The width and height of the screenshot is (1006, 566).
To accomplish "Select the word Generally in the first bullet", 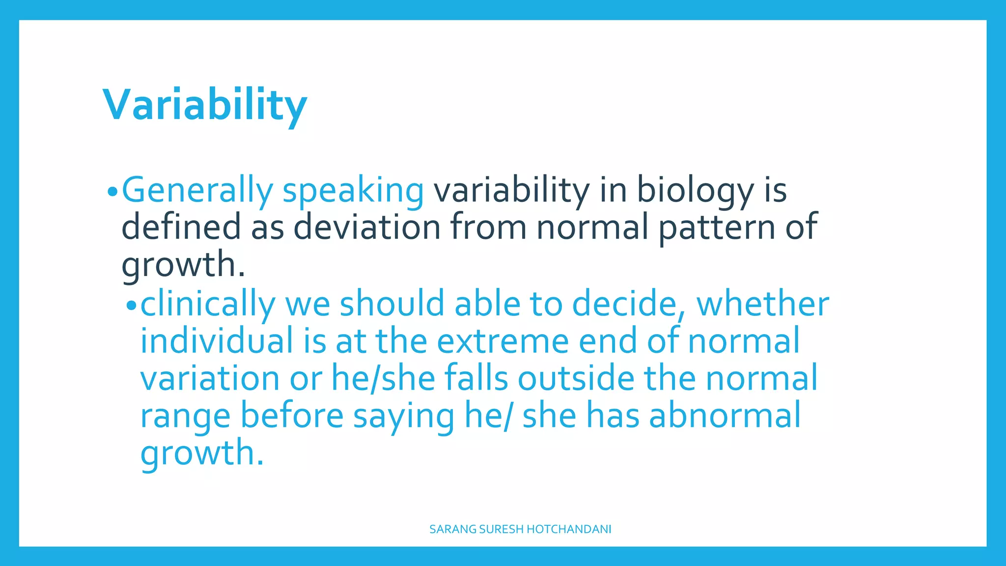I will click(x=197, y=191).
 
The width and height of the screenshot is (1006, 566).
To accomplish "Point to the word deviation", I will click(x=367, y=227).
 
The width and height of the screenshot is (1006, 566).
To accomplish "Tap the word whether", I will click(x=762, y=304).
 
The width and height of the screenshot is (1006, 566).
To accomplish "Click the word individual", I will click(x=217, y=341).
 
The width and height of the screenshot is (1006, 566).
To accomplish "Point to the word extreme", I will click(x=503, y=341).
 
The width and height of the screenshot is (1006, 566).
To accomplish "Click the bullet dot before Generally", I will click(x=112, y=192).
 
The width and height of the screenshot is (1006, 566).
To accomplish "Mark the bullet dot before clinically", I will click(x=131, y=306).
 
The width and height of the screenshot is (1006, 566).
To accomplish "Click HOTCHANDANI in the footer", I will click(x=569, y=529).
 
